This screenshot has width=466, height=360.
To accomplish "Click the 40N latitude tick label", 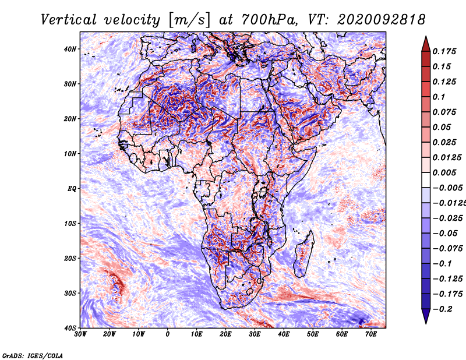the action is tap(70, 49).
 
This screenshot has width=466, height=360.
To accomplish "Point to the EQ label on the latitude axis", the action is tap(72, 189).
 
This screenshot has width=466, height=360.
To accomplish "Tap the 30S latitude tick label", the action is tap(70, 293).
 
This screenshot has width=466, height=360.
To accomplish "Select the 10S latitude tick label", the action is tap(70, 223).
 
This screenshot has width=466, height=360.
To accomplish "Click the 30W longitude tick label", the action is tap(80, 334).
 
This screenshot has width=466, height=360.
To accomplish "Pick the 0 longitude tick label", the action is tap(168, 334).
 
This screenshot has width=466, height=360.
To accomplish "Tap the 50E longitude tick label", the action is tap(313, 334).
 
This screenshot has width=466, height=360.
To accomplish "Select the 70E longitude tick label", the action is tap(371, 334).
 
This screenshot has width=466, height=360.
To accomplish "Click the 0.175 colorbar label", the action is tap(444, 51).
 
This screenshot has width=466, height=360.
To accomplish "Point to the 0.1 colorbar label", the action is tap(439, 97).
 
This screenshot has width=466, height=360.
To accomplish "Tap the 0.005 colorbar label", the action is tap(444, 172).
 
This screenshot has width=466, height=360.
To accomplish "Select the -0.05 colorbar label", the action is tap(445, 233).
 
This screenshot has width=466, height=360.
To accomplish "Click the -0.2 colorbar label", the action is tap(442, 309).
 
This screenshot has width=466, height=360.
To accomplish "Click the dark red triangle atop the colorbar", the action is tap(426, 45).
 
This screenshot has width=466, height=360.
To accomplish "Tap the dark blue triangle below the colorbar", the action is tap(426, 316).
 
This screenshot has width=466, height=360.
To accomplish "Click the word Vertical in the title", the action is tap(69, 20).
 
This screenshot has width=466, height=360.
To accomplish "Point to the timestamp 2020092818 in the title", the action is tap(382, 20).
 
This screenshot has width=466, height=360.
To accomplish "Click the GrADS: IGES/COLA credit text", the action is tap(33, 355).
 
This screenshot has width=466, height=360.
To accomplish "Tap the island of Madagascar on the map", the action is tap(303, 254).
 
